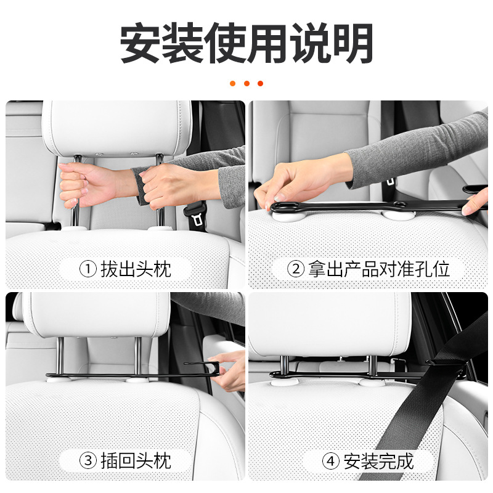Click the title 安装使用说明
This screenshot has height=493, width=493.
[x=246, y=43]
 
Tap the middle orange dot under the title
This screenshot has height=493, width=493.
[x=246, y=83]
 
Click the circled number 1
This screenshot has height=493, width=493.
[x=88, y=269]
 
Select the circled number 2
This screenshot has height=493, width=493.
[x=296, y=269]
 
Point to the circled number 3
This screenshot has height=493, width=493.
[x=88, y=461]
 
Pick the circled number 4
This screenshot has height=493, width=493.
[x=331, y=461]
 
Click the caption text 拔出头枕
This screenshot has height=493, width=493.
[x=136, y=269]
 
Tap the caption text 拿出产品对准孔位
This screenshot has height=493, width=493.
[x=379, y=269]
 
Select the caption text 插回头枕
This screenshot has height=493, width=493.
[x=136, y=461]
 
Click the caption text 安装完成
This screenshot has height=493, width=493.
[x=378, y=461]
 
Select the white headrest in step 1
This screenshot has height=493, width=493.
[x=117, y=128]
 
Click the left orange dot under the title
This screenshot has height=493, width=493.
[x=233, y=83]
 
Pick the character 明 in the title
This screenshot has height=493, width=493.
[x=353, y=43]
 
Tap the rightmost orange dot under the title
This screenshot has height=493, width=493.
[x=260, y=83]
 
